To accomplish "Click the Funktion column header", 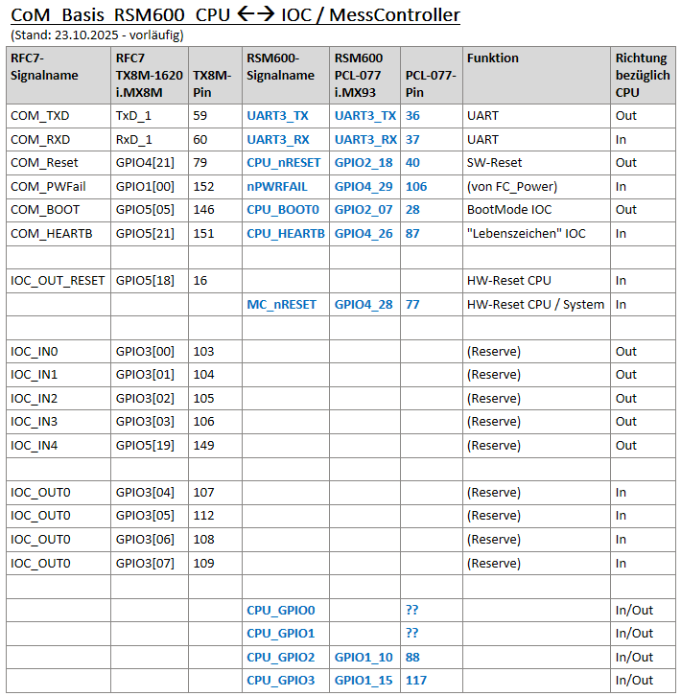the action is point(492,58).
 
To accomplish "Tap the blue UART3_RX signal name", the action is point(277,139).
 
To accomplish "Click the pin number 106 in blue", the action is point(416,186).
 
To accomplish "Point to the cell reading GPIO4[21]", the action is point(146,162).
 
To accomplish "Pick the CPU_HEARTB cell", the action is point(285,233).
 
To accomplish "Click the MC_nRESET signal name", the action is point(281,304).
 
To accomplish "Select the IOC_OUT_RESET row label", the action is point(58,280).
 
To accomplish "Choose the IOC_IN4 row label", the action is point(34,445).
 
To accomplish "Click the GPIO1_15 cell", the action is point(364,681).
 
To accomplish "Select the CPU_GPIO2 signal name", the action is point(280,657).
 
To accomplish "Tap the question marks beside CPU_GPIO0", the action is point(412,610).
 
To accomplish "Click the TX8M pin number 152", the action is point(203,186).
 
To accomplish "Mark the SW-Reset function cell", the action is point(494,162).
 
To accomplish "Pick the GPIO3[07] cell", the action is point(146,563).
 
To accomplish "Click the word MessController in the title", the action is point(395,15).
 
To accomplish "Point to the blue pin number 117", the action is point(416,681).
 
